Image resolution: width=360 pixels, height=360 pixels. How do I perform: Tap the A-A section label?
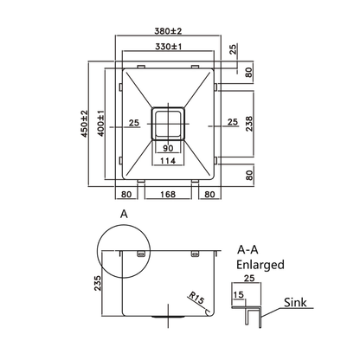tap(247, 249)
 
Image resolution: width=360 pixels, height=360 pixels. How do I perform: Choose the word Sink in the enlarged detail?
tap(293, 305)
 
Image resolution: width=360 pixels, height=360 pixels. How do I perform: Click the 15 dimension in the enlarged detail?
tap(237, 297)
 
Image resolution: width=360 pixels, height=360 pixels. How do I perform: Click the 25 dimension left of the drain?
tap(134, 123)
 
